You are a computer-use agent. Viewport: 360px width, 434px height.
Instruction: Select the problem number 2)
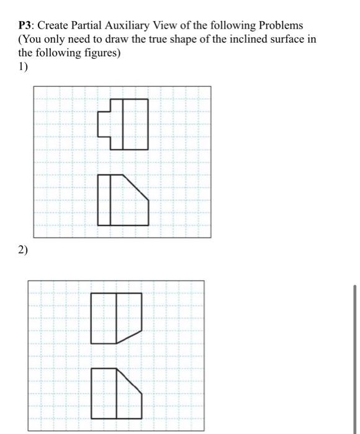pos(23,250)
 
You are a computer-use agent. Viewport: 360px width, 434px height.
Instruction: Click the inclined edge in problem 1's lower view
pos(137,187)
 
